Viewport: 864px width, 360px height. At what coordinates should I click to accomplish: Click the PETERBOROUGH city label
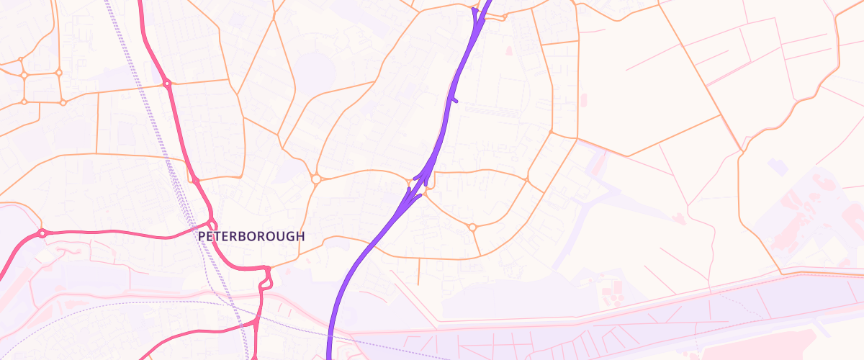(x=251, y=236)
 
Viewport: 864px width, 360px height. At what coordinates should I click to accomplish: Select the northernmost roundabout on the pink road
(x=167, y=84)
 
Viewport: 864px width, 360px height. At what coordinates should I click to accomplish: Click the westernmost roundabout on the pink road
(x=42, y=233)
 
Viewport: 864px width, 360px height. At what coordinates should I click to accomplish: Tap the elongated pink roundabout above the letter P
(x=212, y=220)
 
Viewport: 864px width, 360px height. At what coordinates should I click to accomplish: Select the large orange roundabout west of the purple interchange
(x=315, y=179)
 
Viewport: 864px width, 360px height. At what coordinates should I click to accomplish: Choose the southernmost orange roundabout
(x=472, y=228)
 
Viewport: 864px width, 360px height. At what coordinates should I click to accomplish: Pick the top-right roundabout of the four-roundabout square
(x=59, y=73)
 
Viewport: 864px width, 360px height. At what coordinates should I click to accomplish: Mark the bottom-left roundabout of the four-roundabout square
(x=24, y=102)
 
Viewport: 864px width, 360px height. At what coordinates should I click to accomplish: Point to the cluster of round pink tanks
(x=806, y=209)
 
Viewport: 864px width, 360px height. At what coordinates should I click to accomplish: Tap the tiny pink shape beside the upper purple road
(x=509, y=50)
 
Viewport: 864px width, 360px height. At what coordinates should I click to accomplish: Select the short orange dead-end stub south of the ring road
(x=420, y=270)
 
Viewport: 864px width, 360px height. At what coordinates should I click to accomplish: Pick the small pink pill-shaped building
(x=583, y=99)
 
